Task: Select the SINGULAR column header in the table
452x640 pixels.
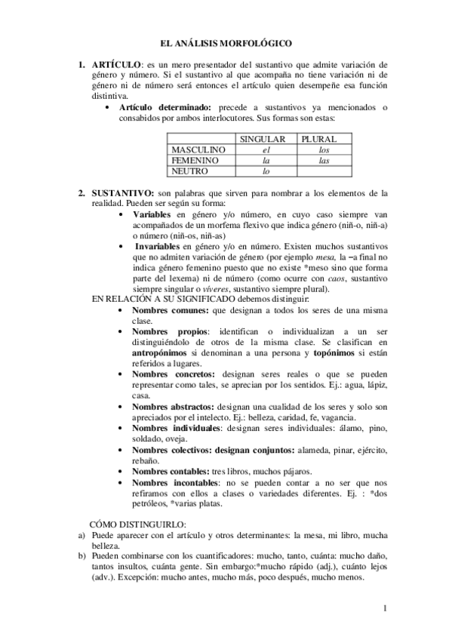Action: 262,140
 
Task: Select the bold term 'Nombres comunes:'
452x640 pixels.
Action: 170,309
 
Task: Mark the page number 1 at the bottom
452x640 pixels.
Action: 385,608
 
